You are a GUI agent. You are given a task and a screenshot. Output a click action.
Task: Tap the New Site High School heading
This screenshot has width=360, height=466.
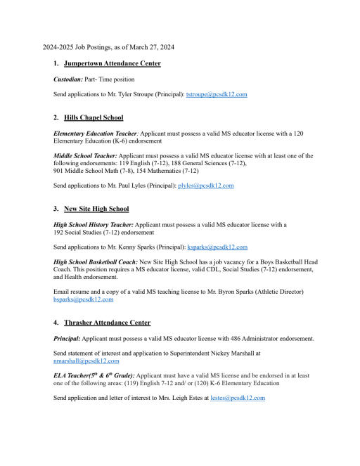click(96, 209)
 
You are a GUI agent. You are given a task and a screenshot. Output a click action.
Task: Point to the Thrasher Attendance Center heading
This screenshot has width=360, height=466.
click(107, 323)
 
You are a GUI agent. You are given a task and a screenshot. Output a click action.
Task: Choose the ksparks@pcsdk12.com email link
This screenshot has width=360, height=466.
click(217, 247)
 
